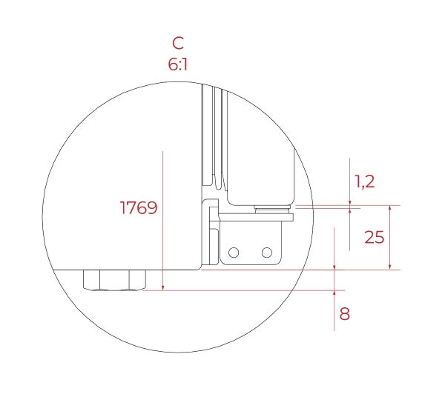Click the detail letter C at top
tap(178, 44)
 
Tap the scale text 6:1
tap(178, 64)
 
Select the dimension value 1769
tap(139, 208)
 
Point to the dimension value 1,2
tap(365, 181)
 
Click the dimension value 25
tap(375, 237)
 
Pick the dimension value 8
tap(345, 314)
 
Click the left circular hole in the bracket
tap(234, 253)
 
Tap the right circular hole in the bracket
tap(267, 253)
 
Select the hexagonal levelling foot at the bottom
tap(115, 280)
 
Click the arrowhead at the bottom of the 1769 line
tap(163, 287)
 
